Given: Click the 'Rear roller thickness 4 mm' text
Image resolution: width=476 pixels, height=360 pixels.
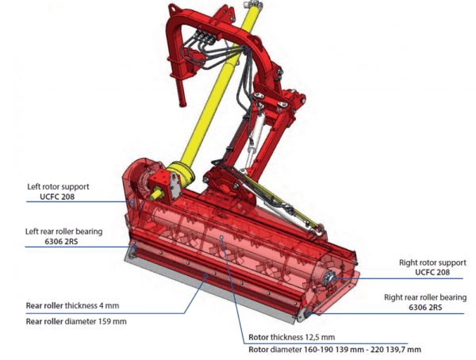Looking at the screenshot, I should (x=71, y=304).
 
